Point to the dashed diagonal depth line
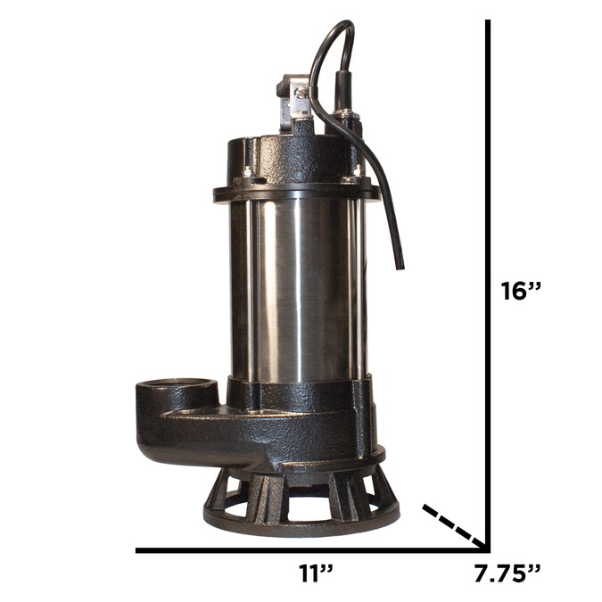(453, 525)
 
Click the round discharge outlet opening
(176, 390)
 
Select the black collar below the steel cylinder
(299, 392)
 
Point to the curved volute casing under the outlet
(205, 437)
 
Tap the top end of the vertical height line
(488, 23)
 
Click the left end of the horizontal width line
(139, 549)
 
